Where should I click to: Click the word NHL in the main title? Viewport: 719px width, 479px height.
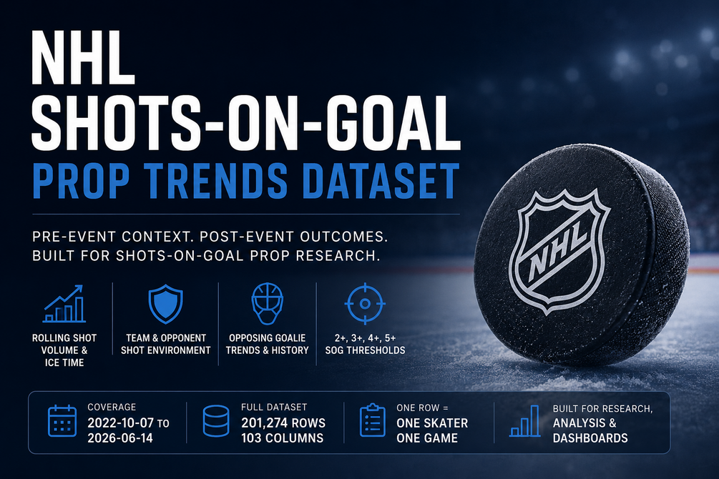click(83, 58)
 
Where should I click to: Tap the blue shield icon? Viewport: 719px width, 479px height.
click(165, 304)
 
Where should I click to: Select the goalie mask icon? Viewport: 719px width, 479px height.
click(268, 304)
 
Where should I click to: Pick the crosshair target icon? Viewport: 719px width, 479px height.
click(365, 303)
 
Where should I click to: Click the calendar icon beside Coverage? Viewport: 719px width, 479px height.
click(62, 421)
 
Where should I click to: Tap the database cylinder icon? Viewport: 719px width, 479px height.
click(216, 421)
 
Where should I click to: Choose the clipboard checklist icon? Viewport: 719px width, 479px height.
click(372, 420)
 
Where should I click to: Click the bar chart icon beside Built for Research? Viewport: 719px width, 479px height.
click(525, 421)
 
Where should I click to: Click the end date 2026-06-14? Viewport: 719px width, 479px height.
click(120, 438)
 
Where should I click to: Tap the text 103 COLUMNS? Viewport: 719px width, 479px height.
click(282, 438)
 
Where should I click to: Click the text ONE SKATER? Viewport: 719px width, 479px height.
click(432, 423)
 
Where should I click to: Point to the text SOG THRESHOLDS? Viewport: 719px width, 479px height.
click(365, 350)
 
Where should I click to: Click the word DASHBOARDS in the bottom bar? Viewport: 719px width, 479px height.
click(590, 438)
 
